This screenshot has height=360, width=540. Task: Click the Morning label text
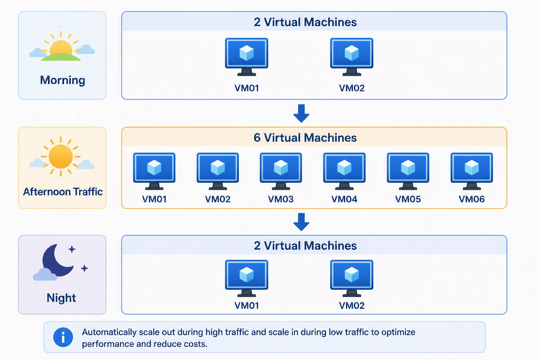(x=63, y=80)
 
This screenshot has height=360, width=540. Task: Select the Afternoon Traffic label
(x=63, y=192)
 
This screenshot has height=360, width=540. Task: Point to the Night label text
(x=61, y=298)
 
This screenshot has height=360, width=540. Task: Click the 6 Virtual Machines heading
(x=305, y=138)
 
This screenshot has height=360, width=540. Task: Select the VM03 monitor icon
(x=281, y=171)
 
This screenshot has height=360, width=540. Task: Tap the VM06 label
(x=471, y=199)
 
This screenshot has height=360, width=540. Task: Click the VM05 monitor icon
(x=408, y=171)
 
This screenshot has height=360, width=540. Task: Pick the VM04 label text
(x=344, y=199)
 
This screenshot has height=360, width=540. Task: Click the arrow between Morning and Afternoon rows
(x=301, y=113)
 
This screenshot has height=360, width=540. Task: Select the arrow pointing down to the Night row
(x=301, y=222)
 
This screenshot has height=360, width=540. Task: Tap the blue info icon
(x=63, y=337)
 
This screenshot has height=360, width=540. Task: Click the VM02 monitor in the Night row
(x=352, y=278)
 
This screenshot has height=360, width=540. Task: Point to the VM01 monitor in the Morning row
(x=246, y=57)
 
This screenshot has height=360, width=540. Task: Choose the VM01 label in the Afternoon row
(x=154, y=199)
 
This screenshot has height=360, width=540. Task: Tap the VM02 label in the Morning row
(x=352, y=88)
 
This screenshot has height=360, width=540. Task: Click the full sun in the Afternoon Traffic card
(x=61, y=156)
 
